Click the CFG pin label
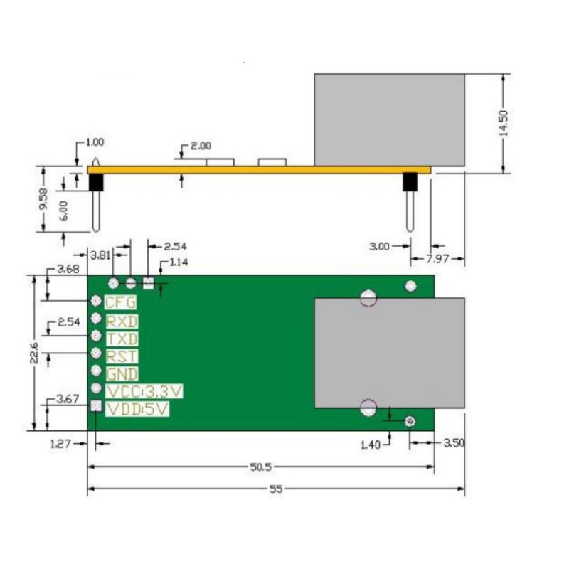(x=121, y=302)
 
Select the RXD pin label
(x=122, y=321)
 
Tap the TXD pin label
(x=122, y=339)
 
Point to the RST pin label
(x=122, y=356)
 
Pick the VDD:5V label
(x=137, y=409)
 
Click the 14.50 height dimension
(x=504, y=122)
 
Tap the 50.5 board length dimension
(x=261, y=467)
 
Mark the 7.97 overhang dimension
(x=438, y=260)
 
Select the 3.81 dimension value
(x=99, y=253)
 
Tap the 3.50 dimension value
(x=453, y=442)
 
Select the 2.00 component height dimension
(x=201, y=146)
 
